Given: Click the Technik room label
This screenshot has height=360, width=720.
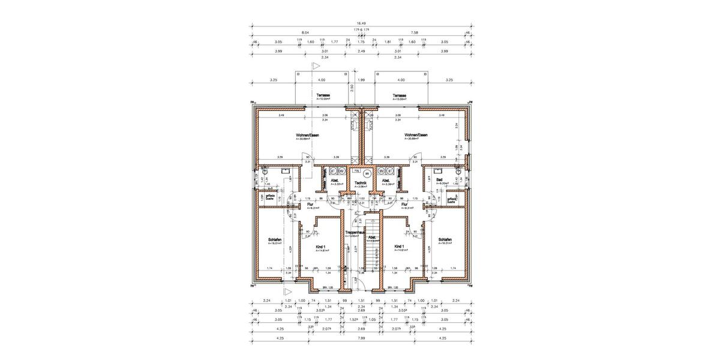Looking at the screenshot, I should pyautogui.click(x=360, y=182).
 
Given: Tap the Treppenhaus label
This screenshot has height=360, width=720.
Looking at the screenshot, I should pyautogui.click(x=355, y=232).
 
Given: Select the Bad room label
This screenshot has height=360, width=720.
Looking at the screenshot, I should pyautogui.click(x=440, y=179).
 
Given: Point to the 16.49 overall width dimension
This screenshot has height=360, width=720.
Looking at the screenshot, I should pyautogui.click(x=361, y=25).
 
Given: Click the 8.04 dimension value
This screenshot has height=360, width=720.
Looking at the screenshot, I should pyautogui.click(x=305, y=33).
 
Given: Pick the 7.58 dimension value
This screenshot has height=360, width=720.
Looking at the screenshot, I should pyautogui.click(x=414, y=33).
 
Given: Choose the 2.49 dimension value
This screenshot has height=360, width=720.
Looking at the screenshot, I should pyautogui.click(x=361, y=51).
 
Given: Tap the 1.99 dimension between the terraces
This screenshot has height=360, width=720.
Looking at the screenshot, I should pyautogui.click(x=361, y=79).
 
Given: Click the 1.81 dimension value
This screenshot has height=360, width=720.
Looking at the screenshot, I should pyautogui.click(x=388, y=42).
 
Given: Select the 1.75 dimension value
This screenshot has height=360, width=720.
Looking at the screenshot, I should pyautogui.click(x=361, y=42).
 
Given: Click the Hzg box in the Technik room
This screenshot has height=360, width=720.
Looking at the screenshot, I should pyautogui.click(x=356, y=170).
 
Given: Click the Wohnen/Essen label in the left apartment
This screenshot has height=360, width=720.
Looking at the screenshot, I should pyautogui.click(x=307, y=135).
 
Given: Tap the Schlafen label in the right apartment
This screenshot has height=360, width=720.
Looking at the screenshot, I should pyautogui.click(x=445, y=239).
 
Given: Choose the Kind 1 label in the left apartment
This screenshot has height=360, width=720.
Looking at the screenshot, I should pyautogui.click(x=320, y=247).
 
